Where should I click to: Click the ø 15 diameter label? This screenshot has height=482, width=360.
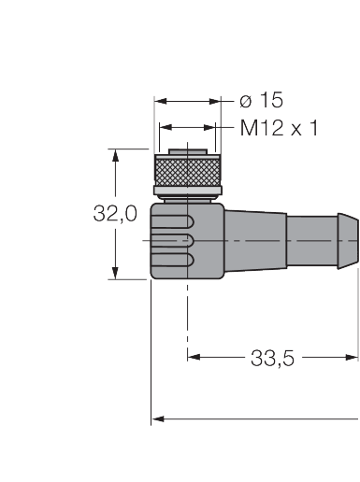[x=261, y=100]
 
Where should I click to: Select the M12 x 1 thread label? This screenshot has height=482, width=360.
[x=279, y=128]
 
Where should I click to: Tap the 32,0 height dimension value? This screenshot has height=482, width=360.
[x=115, y=214]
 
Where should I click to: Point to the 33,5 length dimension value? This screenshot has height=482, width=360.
[x=272, y=358]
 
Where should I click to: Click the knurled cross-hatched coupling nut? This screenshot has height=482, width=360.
[x=188, y=171]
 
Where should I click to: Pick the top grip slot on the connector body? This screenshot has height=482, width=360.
[x=172, y=221]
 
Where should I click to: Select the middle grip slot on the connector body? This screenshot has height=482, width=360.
[x=172, y=241]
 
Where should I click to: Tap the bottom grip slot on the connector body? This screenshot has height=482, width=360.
[x=172, y=260]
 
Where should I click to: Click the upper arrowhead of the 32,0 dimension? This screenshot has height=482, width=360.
[x=115, y=155]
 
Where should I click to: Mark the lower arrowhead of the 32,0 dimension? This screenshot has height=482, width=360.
[x=115, y=273]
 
